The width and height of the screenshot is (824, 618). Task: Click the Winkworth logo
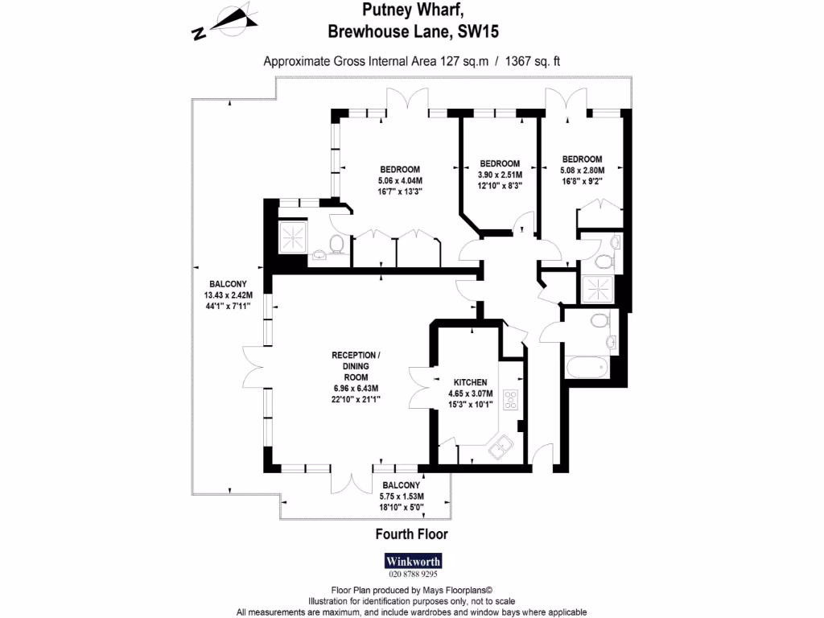[413, 561]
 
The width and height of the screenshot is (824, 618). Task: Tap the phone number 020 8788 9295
[413, 575]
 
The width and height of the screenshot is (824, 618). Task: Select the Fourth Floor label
[411, 534]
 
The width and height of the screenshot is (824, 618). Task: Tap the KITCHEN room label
[470, 382]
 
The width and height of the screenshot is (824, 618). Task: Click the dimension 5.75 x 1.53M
[400, 496]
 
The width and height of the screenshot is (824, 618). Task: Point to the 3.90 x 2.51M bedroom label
[500, 175]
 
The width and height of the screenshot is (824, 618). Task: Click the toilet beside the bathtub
[598, 321]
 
